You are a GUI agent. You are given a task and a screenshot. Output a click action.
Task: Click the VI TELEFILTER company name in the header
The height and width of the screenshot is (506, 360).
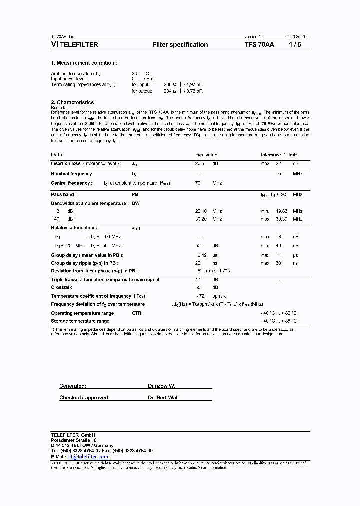point(74,45)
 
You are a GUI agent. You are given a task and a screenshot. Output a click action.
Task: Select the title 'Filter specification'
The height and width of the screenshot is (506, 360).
point(180,45)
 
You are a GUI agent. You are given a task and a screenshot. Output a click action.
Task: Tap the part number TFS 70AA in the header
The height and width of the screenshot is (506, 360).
point(259,45)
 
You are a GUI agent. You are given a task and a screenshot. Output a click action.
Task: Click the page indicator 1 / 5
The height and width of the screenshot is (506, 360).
point(295,45)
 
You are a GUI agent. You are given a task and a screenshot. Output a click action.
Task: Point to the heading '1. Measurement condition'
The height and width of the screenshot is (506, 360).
point(84,63)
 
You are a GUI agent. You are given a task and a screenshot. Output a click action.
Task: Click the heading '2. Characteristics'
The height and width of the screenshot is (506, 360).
point(72,102)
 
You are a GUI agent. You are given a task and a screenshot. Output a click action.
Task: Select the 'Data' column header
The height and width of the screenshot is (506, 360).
point(57,155)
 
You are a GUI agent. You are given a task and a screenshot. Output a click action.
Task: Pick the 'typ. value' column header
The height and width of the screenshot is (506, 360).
point(206,155)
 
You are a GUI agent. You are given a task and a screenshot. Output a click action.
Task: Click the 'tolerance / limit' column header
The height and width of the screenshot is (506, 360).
point(279,155)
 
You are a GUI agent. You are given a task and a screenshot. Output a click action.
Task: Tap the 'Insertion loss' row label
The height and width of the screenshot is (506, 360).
point(66,163)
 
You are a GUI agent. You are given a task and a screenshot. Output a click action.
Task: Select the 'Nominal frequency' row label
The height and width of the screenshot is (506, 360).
point(72,174)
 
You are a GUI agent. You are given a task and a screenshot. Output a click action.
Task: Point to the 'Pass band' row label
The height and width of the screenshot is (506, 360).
point(64,194)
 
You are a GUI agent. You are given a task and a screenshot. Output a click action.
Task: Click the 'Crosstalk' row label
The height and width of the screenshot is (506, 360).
point(61,287)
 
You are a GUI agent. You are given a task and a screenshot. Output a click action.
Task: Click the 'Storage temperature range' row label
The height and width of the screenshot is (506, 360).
point(80,321)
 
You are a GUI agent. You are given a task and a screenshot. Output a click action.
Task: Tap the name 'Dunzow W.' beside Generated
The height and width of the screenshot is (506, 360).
point(161,386)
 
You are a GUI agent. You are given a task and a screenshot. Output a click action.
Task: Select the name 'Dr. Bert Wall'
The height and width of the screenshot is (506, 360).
point(163,398)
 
